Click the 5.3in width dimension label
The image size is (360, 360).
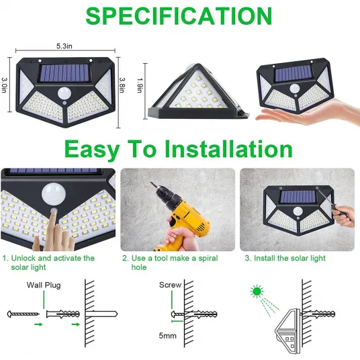pos(64,46)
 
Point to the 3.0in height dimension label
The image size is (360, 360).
pos(4,85)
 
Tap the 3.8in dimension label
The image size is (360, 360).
pos(122,85)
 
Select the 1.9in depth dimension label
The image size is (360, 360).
pos(140,85)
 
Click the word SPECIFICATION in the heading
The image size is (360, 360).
pos(179,16)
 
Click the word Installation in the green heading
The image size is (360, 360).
pos(228,149)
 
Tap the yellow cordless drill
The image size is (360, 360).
pos(181,216)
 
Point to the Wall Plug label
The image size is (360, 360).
pos(44,285)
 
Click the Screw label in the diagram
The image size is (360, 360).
pos(170,285)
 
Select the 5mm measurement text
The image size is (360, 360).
pos(168,336)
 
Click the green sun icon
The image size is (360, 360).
pos(257,291)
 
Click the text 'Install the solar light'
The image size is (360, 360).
pos(289,258)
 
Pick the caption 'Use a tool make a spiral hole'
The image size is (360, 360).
pos(170,263)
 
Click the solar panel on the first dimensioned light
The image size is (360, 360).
pos(64,73)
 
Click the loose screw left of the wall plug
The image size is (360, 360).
pos(23,314)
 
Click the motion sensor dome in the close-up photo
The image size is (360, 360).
pos(53,193)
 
